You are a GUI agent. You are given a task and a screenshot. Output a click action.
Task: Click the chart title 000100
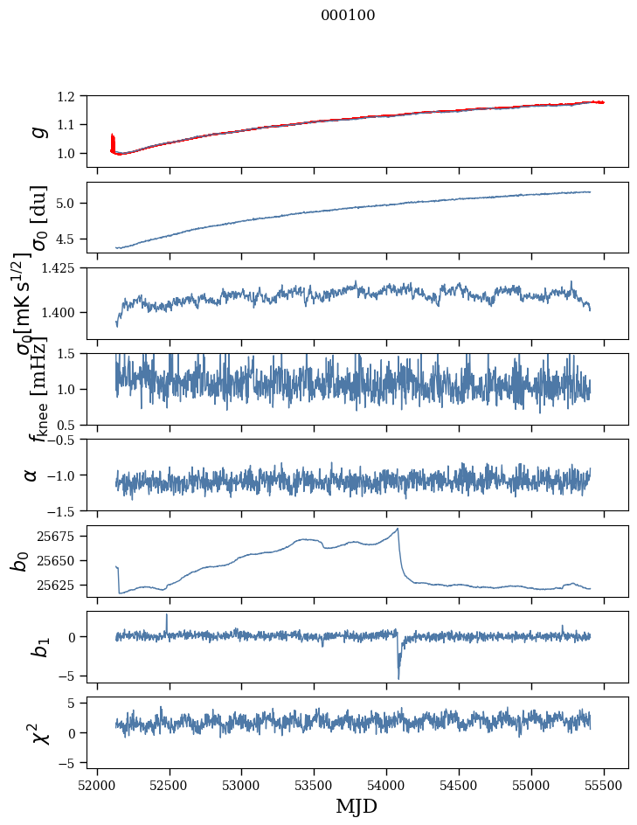(348, 15)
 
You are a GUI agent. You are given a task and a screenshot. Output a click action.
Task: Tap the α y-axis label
(31, 475)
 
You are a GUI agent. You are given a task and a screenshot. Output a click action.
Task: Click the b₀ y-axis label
(20, 560)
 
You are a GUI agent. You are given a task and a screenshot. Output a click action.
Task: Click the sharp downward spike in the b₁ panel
(398, 676)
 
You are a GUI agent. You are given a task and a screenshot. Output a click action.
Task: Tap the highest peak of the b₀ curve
(398, 529)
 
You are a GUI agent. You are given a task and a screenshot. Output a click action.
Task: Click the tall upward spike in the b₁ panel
(167, 615)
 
